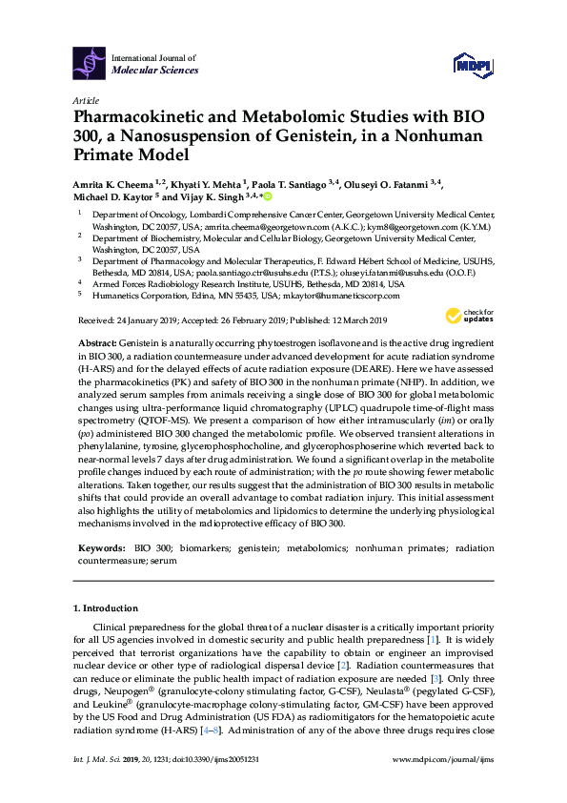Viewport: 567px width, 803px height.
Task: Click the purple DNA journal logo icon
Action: point(89,64)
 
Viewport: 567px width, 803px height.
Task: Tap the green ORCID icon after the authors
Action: point(268,197)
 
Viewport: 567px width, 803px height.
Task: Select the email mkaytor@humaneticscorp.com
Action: point(345,296)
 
